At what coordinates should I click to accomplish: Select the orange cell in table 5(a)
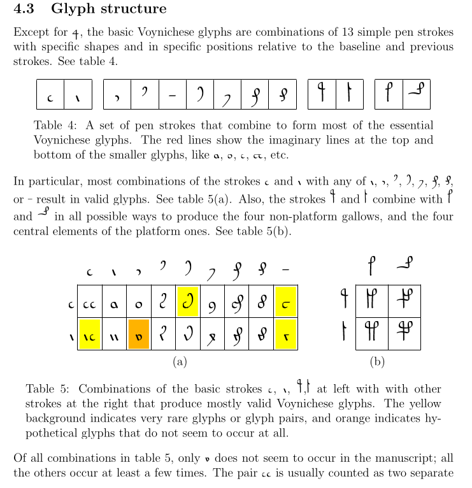(x=139, y=334)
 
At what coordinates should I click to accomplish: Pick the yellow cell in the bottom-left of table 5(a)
(x=90, y=334)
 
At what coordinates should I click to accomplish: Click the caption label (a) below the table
(x=180, y=362)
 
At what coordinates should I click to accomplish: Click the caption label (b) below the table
(x=377, y=362)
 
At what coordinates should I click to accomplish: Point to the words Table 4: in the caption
(x=54, y=126)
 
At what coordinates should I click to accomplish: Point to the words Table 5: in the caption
(x=47, y=389)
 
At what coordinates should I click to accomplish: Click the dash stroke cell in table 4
(x=172, y=95)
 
